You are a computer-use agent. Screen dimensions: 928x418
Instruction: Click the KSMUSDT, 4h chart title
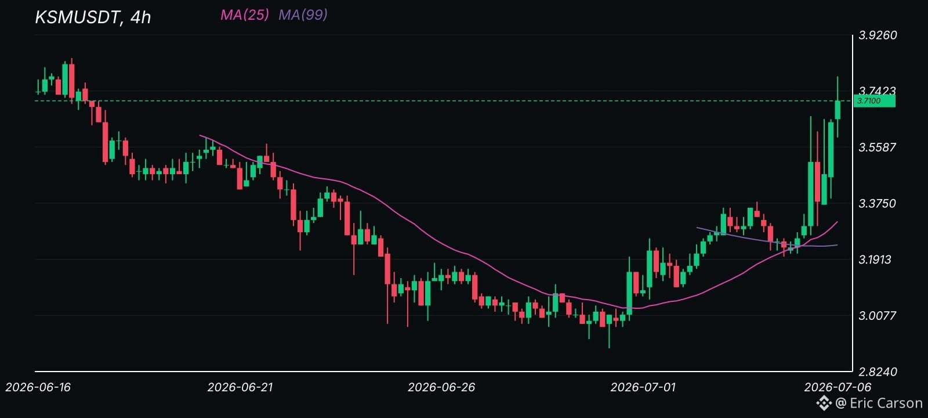93,17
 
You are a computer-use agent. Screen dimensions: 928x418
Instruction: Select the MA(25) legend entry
244,15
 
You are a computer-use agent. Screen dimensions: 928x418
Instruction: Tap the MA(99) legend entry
303,15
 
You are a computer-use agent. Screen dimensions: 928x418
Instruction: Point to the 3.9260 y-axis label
878,35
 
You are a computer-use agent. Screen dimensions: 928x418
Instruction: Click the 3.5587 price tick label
877,147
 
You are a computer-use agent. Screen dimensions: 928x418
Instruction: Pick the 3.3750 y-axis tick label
877,203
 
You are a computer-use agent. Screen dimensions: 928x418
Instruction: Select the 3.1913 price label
875,259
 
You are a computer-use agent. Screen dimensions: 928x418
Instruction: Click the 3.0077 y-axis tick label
877,316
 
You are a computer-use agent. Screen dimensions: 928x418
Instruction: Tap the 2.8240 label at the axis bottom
878,372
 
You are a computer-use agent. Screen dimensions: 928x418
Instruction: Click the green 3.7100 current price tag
874,101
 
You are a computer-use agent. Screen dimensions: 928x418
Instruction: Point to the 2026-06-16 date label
38,387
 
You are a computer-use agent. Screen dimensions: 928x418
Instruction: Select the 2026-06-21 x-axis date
240,387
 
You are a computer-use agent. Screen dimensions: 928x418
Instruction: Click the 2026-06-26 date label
441,387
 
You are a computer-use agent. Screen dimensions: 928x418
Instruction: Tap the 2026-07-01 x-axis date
643,387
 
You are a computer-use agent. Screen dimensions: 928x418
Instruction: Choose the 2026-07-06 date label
838,387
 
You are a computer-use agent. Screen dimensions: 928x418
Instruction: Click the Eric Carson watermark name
886,403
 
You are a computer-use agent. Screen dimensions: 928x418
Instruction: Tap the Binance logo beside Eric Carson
824,403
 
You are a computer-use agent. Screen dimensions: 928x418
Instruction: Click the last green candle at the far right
838,110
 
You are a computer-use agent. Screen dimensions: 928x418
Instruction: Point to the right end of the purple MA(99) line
838,244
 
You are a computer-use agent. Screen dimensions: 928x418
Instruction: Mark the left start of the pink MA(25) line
200,135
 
